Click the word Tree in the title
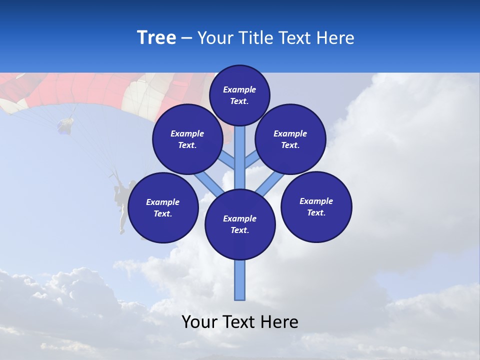[x=156, y=38]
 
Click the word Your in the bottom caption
[x=199, y=322]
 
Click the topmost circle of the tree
[x=239, y=95]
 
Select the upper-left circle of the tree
[x=187, y=139]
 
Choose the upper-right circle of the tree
[x=290, y=139]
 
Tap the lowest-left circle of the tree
[x=163, y=207]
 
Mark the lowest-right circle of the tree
[x=316, y=206]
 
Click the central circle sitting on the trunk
[x=240, y=224]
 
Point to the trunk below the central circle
[x=240, y=280]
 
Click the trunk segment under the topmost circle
[x=240, y=150]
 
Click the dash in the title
[x=187, y=38]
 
